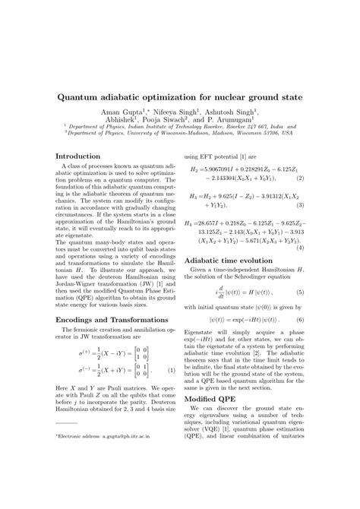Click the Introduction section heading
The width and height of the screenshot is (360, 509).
pyautogui.click(x=78, y=156)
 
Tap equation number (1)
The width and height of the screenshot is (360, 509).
pyautogui.click(x=172, y=370)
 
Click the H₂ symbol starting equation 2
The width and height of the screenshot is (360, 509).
pyautogui.click(x=194, y=169)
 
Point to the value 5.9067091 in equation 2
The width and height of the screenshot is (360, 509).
pyautogui.click(x=221, y=169)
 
